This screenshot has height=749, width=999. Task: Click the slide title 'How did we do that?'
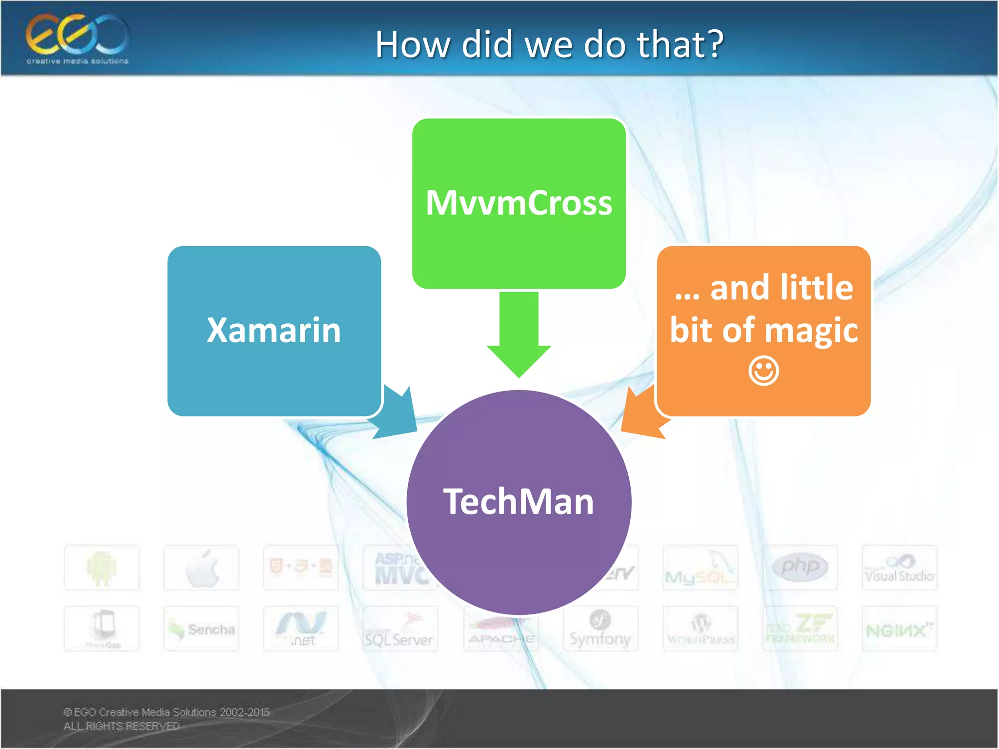tap(549, 44)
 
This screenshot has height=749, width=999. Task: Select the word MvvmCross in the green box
tap(519, 203)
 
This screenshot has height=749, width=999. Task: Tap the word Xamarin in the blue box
tap(274, 331)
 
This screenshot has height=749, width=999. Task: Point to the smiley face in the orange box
tap(763, 371)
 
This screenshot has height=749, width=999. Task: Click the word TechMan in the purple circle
tap(519, 502)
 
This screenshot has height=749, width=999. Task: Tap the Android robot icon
tap(101, 568)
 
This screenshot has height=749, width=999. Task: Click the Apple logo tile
tap(201, 568)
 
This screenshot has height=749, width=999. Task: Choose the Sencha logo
tap(201, 629)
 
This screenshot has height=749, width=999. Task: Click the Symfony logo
tap(600, 629)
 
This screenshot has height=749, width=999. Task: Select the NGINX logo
tap(899, 631)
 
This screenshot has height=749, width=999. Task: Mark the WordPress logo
tap(700, 630)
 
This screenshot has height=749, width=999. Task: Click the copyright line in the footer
tap(166, 712)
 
